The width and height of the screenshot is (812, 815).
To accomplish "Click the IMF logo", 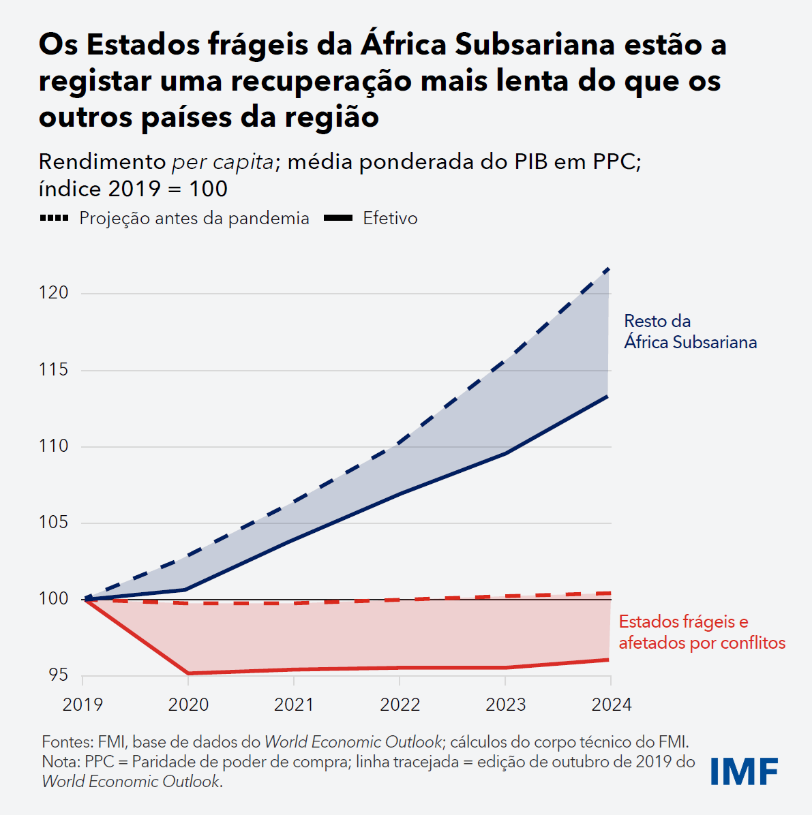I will tap(744, 771).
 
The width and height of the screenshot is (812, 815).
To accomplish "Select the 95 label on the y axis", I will tap(58, 675).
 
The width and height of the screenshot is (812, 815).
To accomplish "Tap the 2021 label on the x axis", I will tap(293, 705).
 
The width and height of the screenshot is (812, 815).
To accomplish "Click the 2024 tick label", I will tap(611, 705).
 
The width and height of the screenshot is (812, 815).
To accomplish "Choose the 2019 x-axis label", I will tap(82, 705).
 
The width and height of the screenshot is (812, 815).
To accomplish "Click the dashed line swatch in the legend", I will tap(54, 218).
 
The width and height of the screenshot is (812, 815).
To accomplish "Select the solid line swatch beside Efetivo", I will tap(337, 218).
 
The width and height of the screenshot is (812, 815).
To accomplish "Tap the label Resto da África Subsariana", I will tap(690, 331).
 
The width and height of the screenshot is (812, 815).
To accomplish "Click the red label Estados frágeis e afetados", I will tap(702, 632).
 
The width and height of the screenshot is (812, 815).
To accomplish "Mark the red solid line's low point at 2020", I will tap(188, 673).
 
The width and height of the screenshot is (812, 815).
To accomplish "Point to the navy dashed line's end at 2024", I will tap(608, 269).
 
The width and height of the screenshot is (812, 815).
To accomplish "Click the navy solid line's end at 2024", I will tap(608, 396).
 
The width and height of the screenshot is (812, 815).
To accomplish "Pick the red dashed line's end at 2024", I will tap(608, 593).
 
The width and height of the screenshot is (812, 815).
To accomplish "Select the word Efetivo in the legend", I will tap(390, 218).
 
